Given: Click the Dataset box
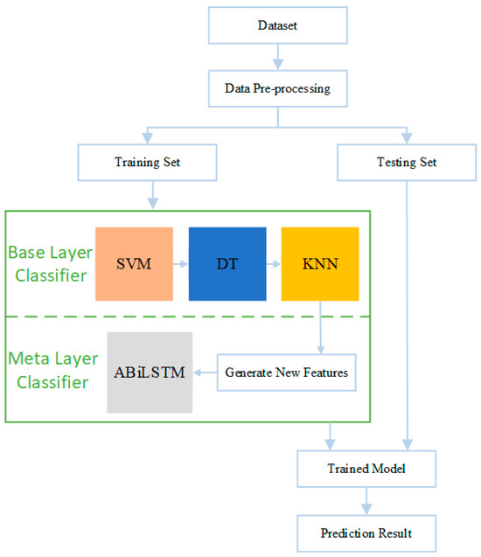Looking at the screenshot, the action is coord(278,25).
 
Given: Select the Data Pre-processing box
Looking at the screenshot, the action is coord(278,88).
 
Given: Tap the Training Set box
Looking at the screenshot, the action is coord(148,163).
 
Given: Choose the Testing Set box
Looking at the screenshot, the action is coord(407,163).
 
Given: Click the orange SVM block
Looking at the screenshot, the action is coord(135,264).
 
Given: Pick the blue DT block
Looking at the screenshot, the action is coord(227,264).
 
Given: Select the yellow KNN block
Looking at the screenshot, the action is coord(320,264).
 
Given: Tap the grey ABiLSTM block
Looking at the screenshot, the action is coord(150,372).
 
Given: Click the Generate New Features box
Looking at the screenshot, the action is coord(287,372).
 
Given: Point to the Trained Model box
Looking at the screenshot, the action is coord(366,469).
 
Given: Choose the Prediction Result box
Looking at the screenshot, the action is coord(366,533).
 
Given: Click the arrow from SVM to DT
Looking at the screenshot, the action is coord(181,264).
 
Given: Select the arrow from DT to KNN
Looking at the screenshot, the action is coord(274,264).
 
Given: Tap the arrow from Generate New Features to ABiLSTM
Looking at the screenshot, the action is coord(205,372).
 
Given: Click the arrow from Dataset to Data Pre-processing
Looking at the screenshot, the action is coord(278,57).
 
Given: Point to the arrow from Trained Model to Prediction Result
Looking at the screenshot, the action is coord(366,501).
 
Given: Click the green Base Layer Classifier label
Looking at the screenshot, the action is coord(51,264).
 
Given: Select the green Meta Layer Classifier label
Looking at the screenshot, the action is coord(53,370).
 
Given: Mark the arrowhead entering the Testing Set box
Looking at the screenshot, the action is coord(407,138).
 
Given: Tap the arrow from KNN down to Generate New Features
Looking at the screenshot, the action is coord(320,328).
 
